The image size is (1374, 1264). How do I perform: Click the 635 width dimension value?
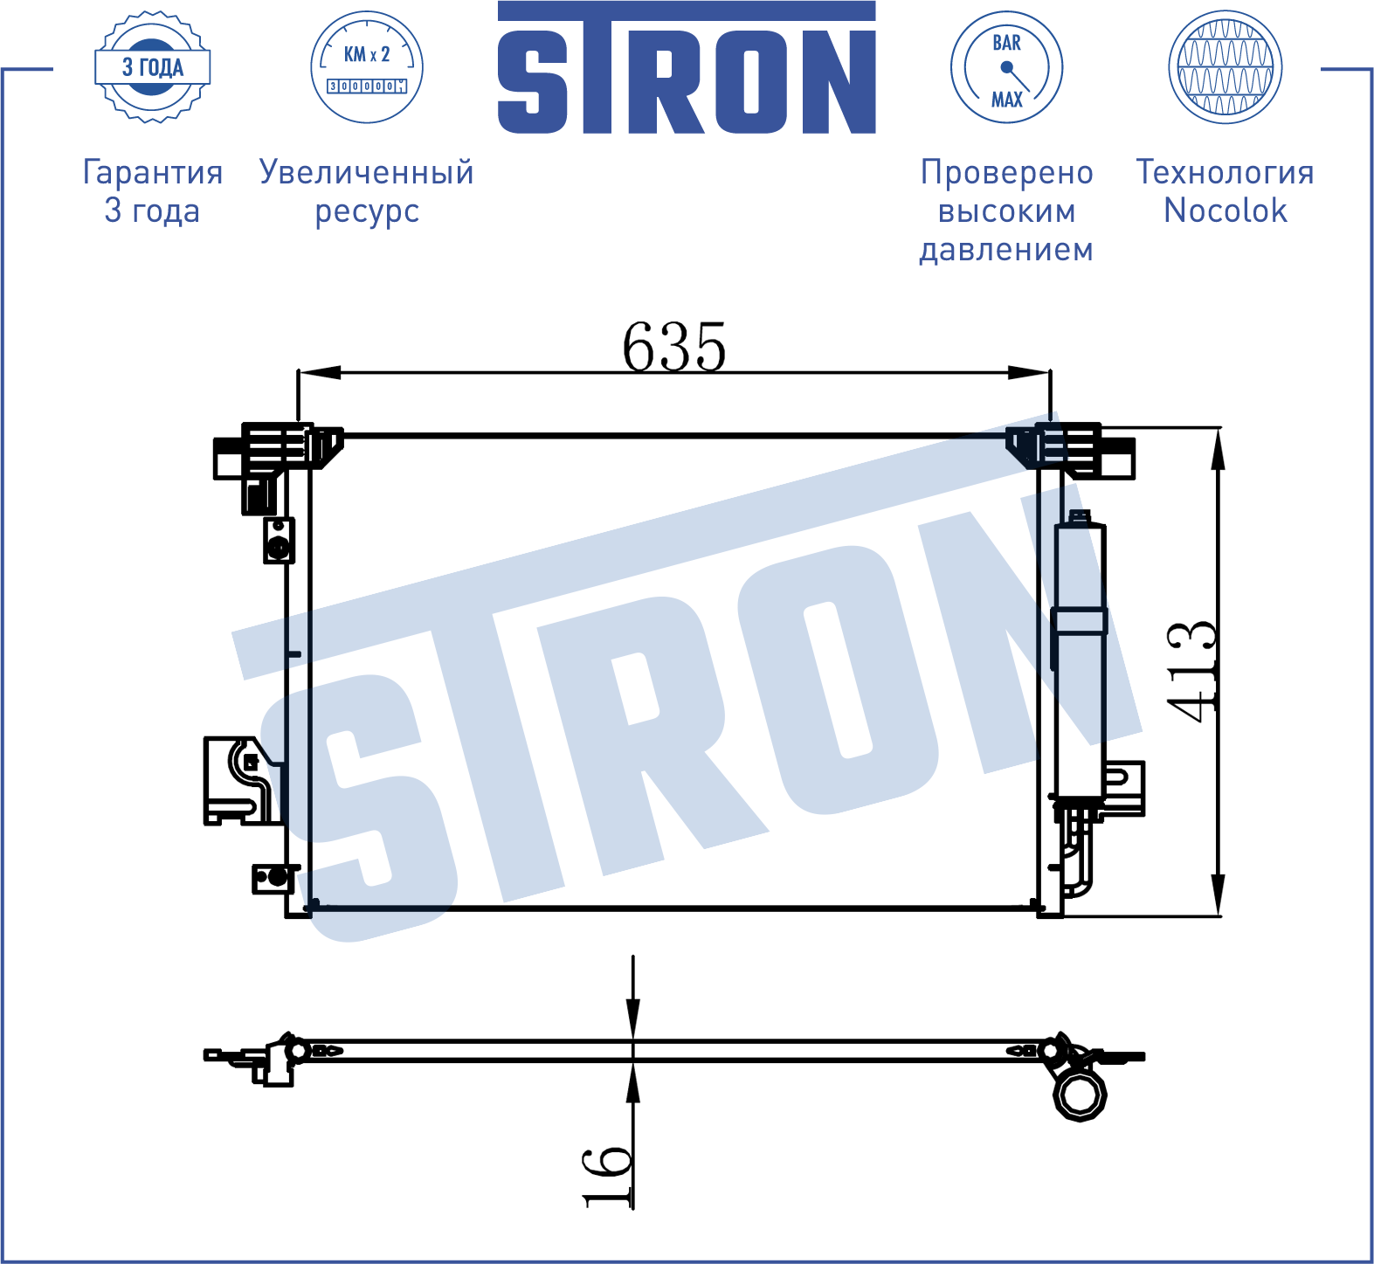(x=674, y=347)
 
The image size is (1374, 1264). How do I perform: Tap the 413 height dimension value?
(x=1192, y=672)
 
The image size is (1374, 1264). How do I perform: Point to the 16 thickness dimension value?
(x=607, y=1176)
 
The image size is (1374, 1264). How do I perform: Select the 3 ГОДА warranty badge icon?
(x=153, y=67)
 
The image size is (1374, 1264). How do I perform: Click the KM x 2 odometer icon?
(x=367, y=67)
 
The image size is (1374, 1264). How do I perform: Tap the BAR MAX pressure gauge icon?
(x=1006, y=67)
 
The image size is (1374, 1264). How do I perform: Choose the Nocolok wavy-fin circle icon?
(x=1225, y=67)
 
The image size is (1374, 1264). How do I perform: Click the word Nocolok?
(x=1225, y=211)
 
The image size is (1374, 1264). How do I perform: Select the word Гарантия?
(x=153, y=172)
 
